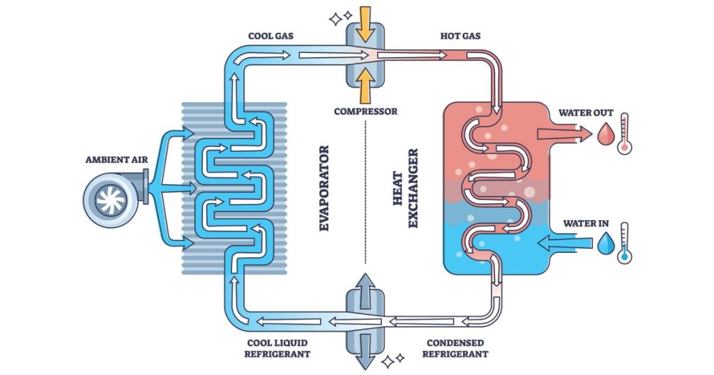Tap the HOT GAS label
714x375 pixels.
point(460,36)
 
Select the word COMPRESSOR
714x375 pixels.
point(366,111)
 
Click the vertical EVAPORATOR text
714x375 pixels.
point(323,188)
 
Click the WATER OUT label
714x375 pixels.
point(586,112)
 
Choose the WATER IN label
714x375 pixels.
point(586,224)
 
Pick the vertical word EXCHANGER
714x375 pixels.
point(413,188)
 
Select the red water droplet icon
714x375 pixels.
point(604,134)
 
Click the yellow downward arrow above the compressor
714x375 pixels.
point(365,23)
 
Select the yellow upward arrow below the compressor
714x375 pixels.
point(365,88)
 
